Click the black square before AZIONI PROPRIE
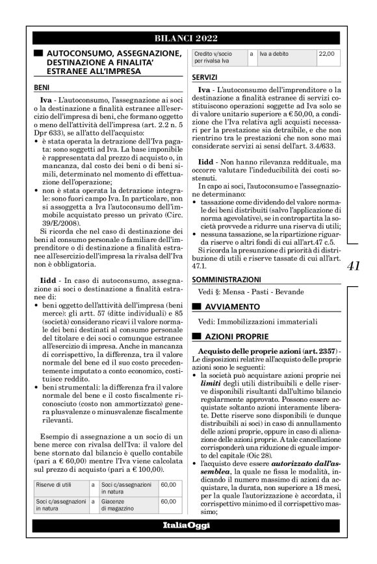point(196,337)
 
